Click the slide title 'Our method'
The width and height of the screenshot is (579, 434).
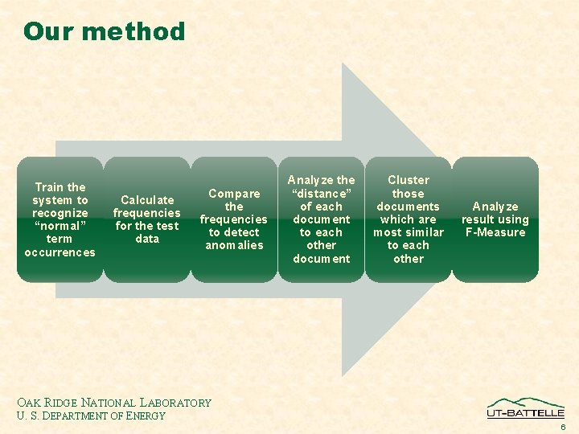click(x=104, y=31)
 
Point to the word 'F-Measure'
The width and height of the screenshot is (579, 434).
click(x=495, y=233)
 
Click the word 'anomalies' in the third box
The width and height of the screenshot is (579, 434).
click(x=234, y=245)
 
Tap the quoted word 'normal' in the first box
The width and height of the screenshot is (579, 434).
click(x=60, y=226)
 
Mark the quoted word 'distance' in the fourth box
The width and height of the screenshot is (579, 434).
click(x=321, y=193)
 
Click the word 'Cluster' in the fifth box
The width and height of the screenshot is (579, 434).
click(x=409, y=180)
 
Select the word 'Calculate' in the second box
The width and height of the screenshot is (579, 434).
click(x=147, y=199)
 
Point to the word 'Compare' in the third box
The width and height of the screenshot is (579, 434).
click(x=234, y=193)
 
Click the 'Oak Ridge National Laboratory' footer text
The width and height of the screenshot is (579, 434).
click(x=113, y=403)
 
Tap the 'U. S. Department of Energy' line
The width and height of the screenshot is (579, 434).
click(x=90, y=416)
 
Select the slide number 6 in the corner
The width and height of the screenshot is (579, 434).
click(x=564, y=427)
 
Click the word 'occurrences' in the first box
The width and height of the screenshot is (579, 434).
click(x=60, y=252)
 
